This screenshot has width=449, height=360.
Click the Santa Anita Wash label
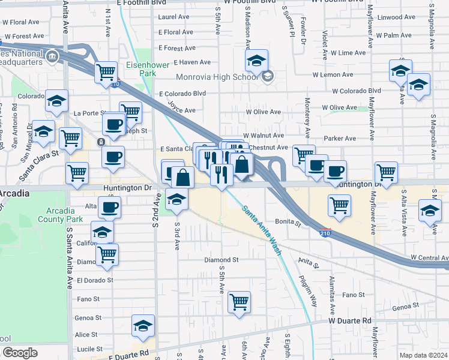[262, 230]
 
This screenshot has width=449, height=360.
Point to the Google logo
[19, 353]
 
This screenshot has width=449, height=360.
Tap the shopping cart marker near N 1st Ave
[106, 72]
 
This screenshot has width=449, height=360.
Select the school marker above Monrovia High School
[256, 60]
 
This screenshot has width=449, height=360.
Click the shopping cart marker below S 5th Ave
[240, 302]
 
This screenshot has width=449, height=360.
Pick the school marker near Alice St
[143, 326]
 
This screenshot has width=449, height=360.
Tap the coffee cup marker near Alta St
[109, 208]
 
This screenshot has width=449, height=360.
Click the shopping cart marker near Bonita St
[340, 205]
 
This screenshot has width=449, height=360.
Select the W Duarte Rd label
[350, 321]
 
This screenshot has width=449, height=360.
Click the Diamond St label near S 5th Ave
[221, 260]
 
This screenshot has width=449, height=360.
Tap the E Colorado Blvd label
[182, 94]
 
